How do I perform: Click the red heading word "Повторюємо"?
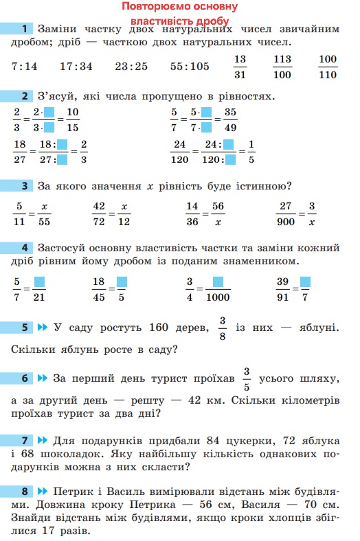(x=153, y=7)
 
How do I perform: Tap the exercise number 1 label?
(x=25, y=29)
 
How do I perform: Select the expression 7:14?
(x=25, y=67)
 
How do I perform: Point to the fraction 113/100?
(x=282, y=67)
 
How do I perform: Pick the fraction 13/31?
(x=240, y=67)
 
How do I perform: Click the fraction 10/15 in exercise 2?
(x=73, y=119)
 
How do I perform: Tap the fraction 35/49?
(x=230, y=119)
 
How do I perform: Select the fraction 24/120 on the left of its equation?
(x=180, y=152)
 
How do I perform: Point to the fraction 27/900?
(x=284, y=213)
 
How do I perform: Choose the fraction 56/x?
(x=217, y=213)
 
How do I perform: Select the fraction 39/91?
(x=282, y=289)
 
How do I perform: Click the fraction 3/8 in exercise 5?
(x=222, y=328)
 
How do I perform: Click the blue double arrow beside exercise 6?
(x=43, y=378)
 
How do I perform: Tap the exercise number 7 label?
(x=25, y=440)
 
